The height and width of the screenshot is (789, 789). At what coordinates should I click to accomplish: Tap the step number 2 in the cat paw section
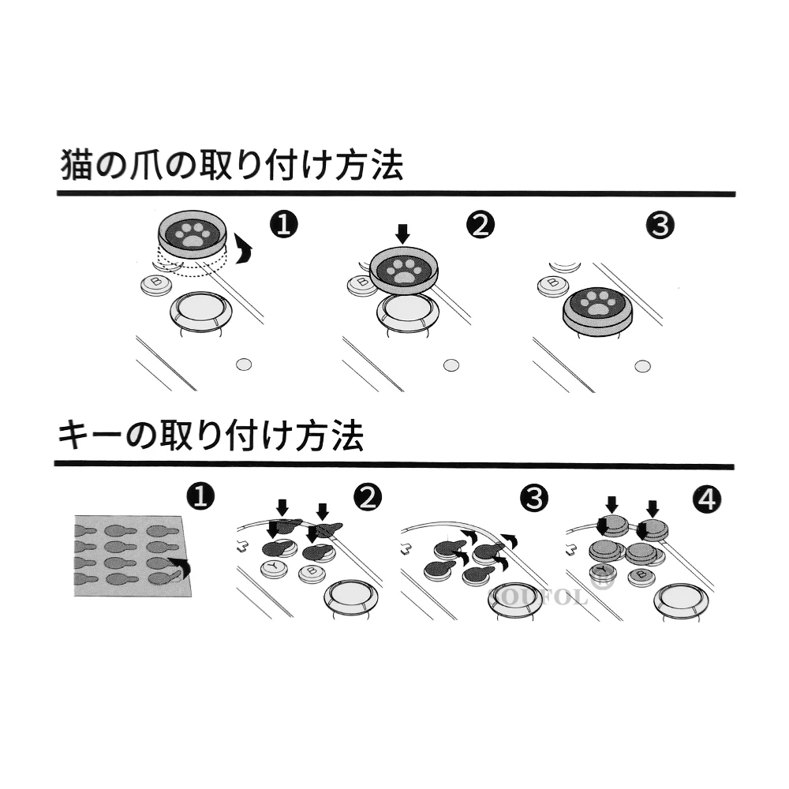click(x=481, y=226)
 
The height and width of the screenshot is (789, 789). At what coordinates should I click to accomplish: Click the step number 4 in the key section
click(x=706, y=499)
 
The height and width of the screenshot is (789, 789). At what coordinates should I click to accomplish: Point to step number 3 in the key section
click(x=534, y=498)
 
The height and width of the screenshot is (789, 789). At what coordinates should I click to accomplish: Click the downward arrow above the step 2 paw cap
click(x=402, y=233)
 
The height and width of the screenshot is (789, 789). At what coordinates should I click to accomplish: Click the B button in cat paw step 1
click(x=155, y=284)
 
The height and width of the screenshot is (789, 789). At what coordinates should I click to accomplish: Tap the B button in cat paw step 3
click(x=553, y=283)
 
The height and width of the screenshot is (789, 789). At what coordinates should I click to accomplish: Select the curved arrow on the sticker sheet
click(x=182, y=567)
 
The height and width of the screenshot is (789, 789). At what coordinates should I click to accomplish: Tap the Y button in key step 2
click(x=274, y=568)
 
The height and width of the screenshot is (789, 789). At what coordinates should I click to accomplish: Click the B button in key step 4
click(x=641, y=576)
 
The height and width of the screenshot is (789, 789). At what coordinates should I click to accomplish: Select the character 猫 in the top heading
click(x=77, y=166)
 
